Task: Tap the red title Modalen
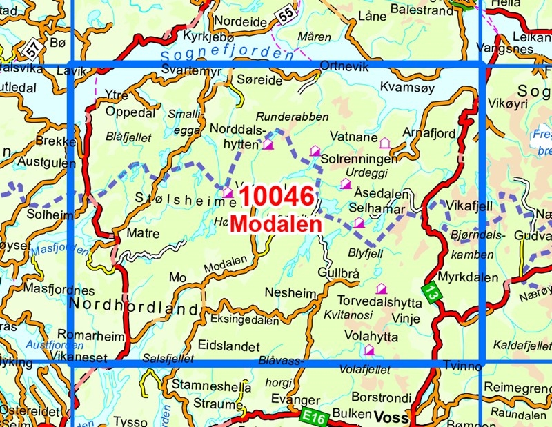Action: click(x=275, y=225)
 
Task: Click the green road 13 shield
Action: click(x=431, y=292)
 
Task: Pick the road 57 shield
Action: click(x=31, y=48)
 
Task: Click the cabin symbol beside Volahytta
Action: click(x=369, y=350)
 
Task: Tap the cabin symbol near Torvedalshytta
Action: click(x=381, y=289)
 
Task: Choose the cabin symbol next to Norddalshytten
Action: click(x=268, y=144)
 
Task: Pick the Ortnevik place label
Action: click(x=345, y=66)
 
